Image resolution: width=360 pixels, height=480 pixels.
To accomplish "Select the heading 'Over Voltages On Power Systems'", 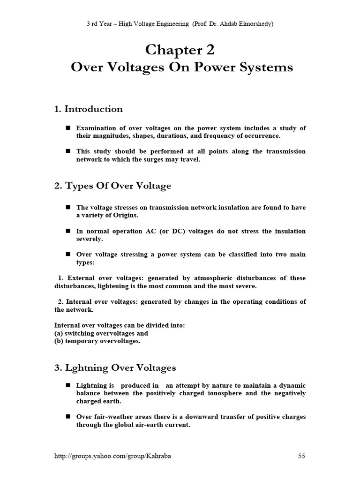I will (x=182, y=67).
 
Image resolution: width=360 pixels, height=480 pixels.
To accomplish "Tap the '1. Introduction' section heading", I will (x=89, y=109).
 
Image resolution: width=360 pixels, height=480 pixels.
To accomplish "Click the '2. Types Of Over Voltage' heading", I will (x=112, y=186).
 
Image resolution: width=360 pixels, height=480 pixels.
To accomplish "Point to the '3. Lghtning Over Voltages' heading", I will (x=115, y=367).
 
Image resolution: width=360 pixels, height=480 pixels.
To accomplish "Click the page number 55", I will (x=302, y=456).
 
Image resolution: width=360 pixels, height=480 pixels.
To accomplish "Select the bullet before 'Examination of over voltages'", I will (x=67, y=128).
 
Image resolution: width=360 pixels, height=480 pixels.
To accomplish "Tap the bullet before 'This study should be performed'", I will (x=67, y=151).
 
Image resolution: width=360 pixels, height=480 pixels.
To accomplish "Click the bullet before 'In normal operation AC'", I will (x=67, y=231).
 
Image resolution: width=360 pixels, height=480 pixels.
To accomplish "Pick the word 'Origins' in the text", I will (x=125, y=216).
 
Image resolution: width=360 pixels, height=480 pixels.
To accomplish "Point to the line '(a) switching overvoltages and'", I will (x=101, y=333).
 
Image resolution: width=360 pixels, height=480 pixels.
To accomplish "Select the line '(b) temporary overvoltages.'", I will (x=97, y=341).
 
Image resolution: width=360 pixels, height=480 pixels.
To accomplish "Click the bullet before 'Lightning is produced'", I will (x=67, y=385).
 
